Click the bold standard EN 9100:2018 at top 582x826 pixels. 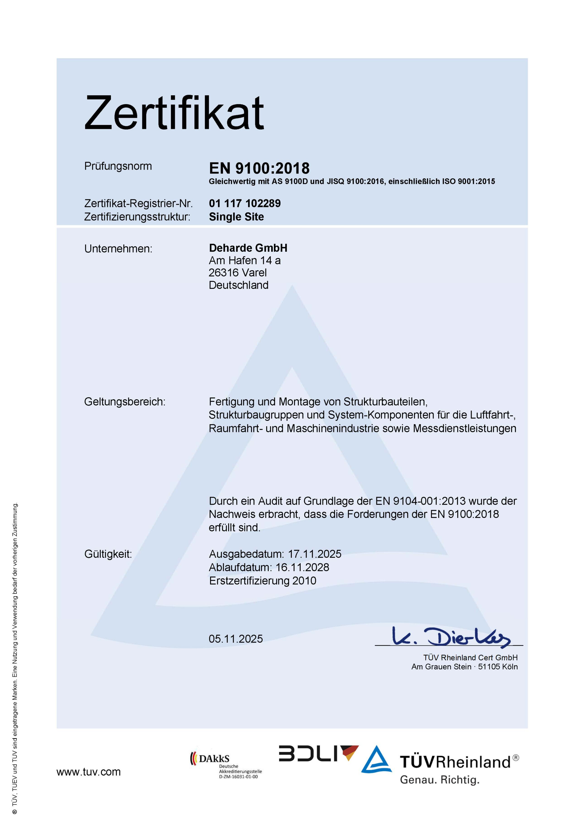point(259,168)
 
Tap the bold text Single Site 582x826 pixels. point(236,217)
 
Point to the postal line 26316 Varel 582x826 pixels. point(238,272)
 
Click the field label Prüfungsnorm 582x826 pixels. point(118,166)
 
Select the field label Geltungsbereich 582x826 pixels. point(124,401)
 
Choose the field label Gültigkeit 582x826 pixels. point(108,554)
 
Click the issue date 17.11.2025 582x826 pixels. point(314,554)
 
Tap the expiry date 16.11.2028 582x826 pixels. point(302,567)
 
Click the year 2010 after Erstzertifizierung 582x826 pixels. point(304,581)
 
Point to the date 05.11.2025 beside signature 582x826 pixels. point(236,639)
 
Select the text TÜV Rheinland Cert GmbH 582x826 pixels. point(470,658)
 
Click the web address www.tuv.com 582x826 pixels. point(88,772)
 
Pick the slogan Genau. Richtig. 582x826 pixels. point(440,780)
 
